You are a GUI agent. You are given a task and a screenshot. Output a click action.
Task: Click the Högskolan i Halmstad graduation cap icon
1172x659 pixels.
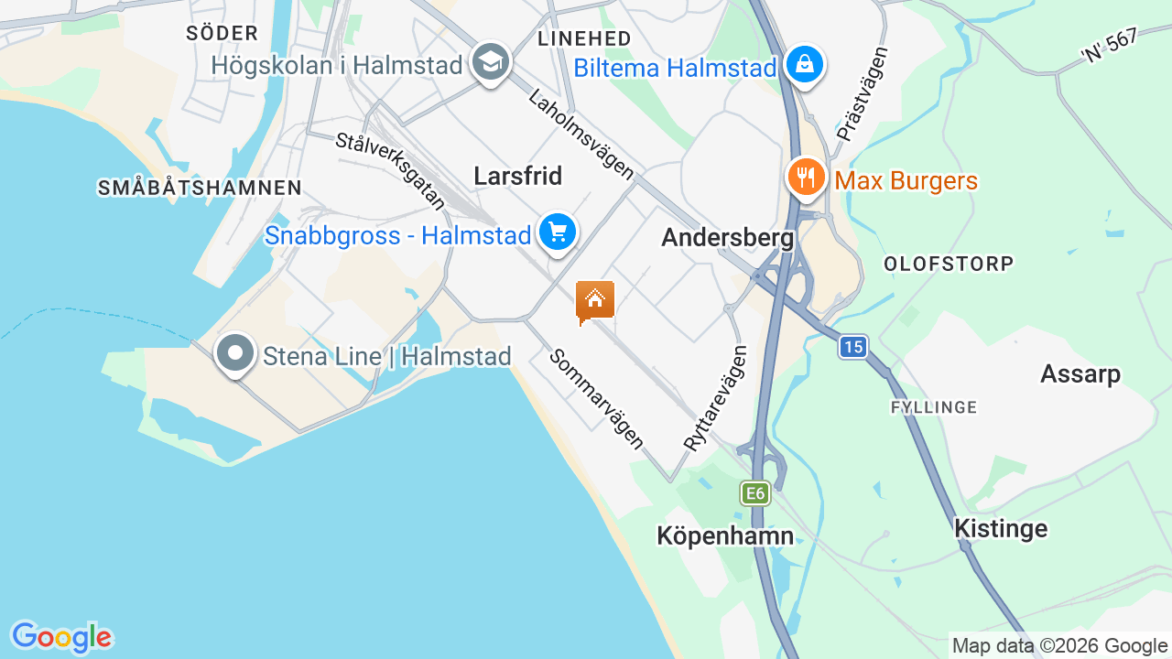[x=491, y=63]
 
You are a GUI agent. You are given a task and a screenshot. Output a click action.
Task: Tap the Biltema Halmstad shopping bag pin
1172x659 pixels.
[x=803, y=64]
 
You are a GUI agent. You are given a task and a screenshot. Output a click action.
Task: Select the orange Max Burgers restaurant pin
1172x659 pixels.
[x=805, y=176]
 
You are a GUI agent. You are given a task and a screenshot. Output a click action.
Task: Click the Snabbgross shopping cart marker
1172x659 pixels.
[x=557, y=232]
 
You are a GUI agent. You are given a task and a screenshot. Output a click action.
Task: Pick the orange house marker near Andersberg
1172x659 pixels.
[x=594, y=300]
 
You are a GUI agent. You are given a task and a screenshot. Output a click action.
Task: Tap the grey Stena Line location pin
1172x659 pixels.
[x=235, y=353]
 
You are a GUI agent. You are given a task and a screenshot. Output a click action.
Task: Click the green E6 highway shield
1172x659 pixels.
[x=754, y=494]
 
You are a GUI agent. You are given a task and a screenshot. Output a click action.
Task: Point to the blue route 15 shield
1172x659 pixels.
[x=853, y=347]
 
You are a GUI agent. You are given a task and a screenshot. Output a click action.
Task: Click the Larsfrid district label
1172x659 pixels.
[x=518, y=176]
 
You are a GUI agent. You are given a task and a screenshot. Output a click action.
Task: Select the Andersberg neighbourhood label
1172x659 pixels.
[x=727, y=238]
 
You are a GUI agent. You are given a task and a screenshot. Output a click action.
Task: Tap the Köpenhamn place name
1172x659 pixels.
[x=725, y=535]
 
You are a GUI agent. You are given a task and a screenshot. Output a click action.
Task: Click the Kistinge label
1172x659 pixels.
[x=1001, y=528]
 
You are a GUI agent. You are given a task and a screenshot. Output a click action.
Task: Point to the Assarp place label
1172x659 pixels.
[x=1080, y=373]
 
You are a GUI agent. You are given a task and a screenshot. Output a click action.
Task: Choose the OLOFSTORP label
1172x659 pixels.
[x=949, y=264]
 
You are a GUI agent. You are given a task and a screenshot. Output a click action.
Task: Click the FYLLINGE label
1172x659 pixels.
[x=934, y=406]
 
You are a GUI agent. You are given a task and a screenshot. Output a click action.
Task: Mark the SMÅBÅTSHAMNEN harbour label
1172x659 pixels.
[x=200, y=188]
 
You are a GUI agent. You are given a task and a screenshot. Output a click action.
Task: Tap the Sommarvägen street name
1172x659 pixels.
[x=597, y=398]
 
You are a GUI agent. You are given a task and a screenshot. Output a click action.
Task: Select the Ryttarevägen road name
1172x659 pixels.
[x=716, y=396]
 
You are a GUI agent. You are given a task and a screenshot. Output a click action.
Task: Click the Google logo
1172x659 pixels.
[x=61, y=637]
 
